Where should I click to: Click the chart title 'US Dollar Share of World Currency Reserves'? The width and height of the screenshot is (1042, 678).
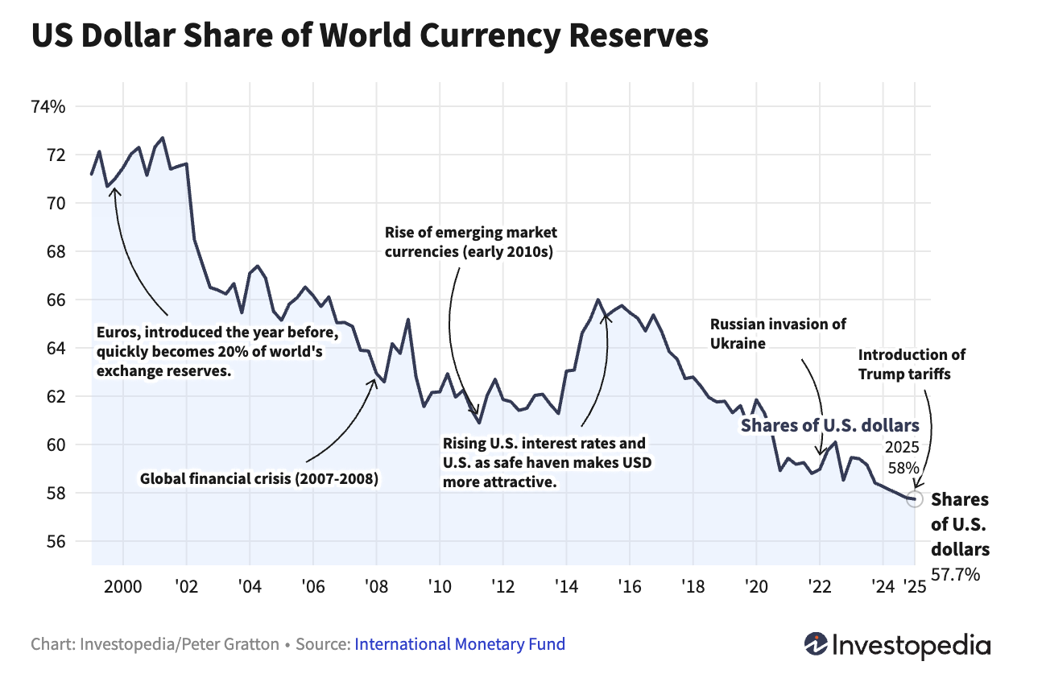pos(370,37)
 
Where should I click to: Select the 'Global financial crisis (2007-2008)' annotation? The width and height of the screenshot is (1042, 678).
pos(259,479)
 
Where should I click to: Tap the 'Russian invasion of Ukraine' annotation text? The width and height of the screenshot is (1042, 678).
pos(778,333)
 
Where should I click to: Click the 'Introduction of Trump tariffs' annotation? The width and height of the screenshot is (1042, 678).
pos(912,363)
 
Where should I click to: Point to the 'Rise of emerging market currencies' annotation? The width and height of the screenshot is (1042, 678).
pos(471,242)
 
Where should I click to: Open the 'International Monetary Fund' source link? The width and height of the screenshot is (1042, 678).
pos(460,644)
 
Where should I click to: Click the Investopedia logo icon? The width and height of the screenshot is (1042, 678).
pos(817,643)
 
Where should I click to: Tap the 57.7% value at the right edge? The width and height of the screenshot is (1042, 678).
pos(956,574)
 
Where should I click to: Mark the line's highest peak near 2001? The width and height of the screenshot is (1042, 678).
pos(163,138)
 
